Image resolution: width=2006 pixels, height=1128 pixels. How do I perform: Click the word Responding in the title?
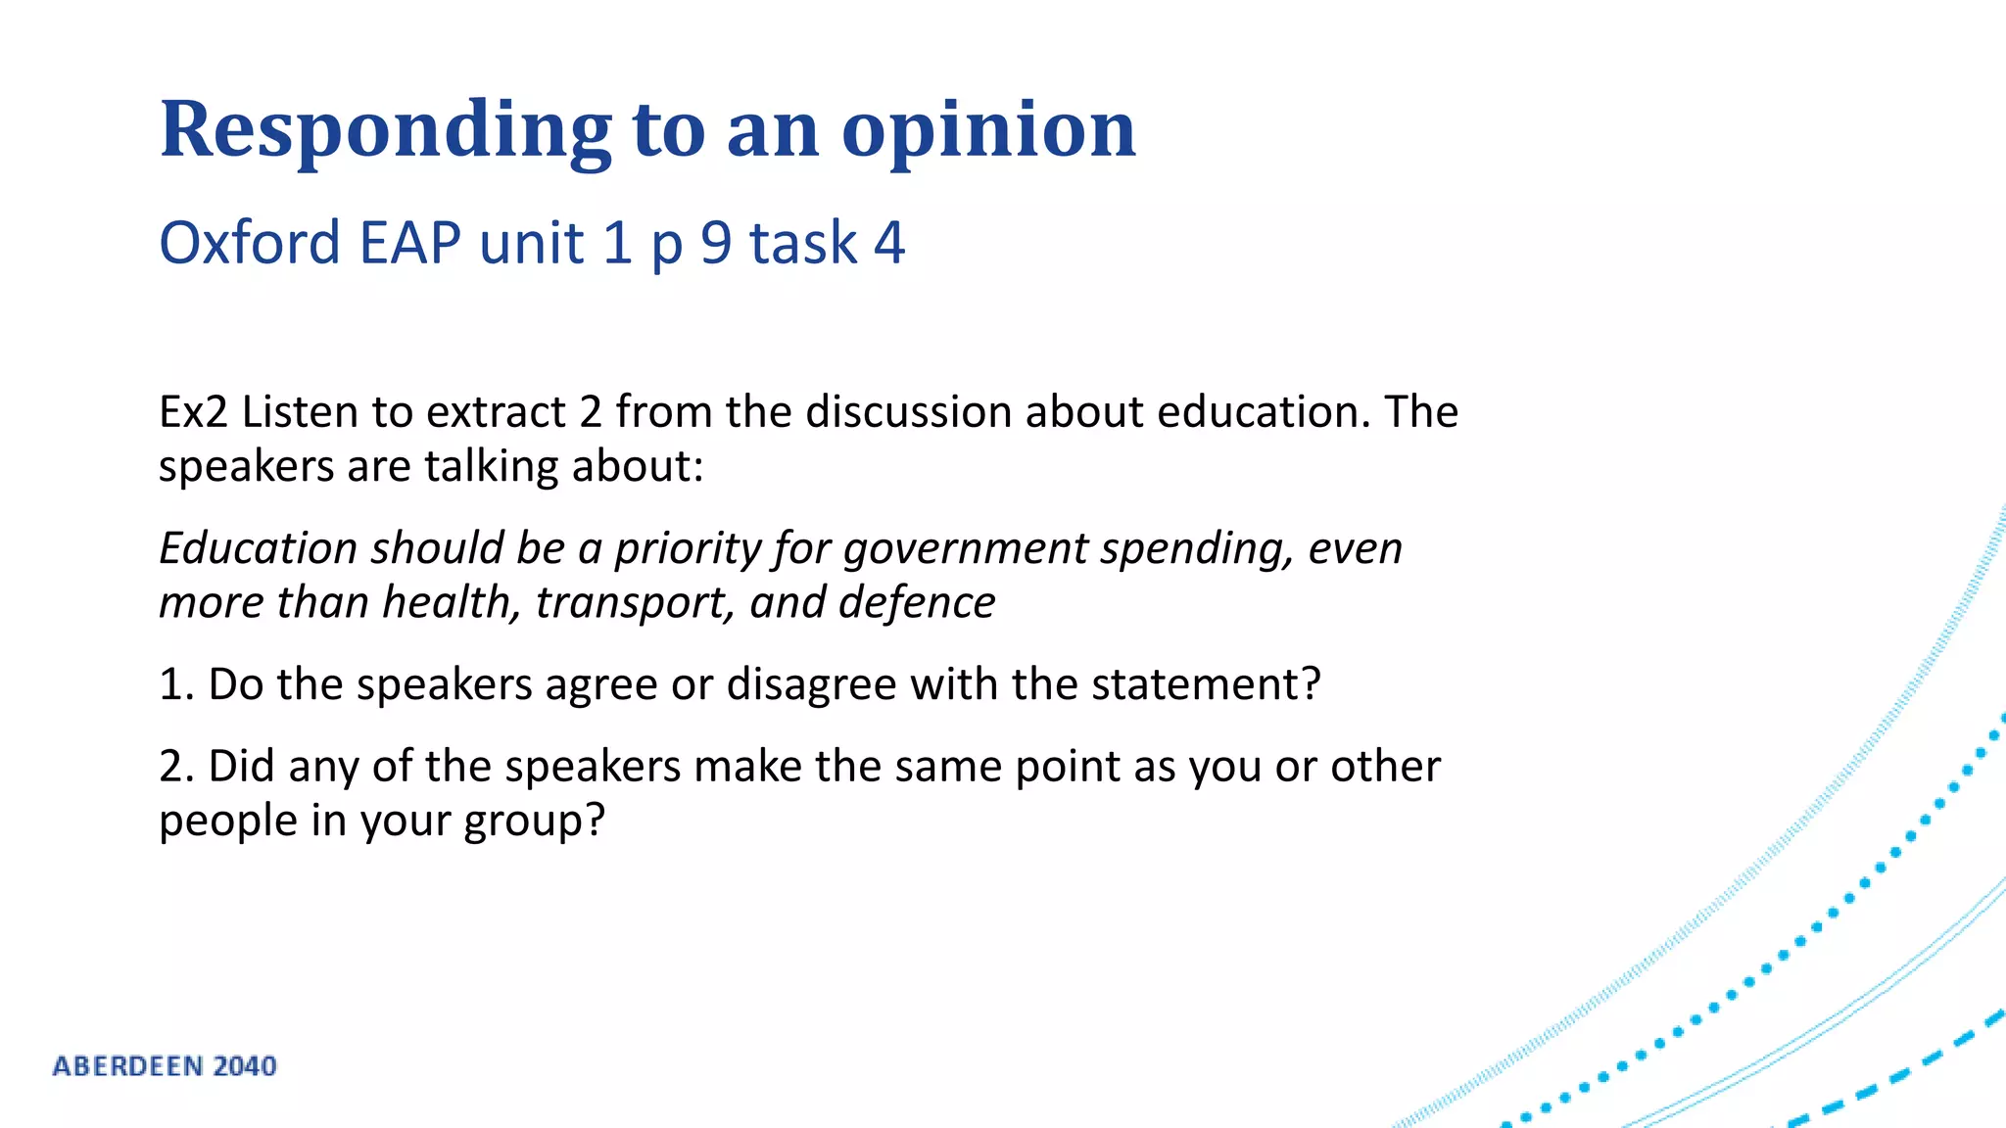[x=385, y=130]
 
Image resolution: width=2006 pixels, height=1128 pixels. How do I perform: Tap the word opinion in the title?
[x=988, y=130]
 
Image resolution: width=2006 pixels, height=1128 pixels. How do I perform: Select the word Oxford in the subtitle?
[x=250, y=243]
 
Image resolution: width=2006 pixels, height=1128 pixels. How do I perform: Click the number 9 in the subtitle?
[x=716, y=243]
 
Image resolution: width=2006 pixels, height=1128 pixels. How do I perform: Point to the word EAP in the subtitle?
[x=409, y=243]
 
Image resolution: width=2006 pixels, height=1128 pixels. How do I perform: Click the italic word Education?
[x=258, y=548]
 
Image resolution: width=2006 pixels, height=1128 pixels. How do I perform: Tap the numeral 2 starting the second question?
[x=174, y=767]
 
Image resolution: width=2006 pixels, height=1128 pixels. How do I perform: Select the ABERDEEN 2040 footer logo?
[x=165, y=1066]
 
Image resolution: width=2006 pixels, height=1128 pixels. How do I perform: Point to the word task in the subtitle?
[x=803, y=243]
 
